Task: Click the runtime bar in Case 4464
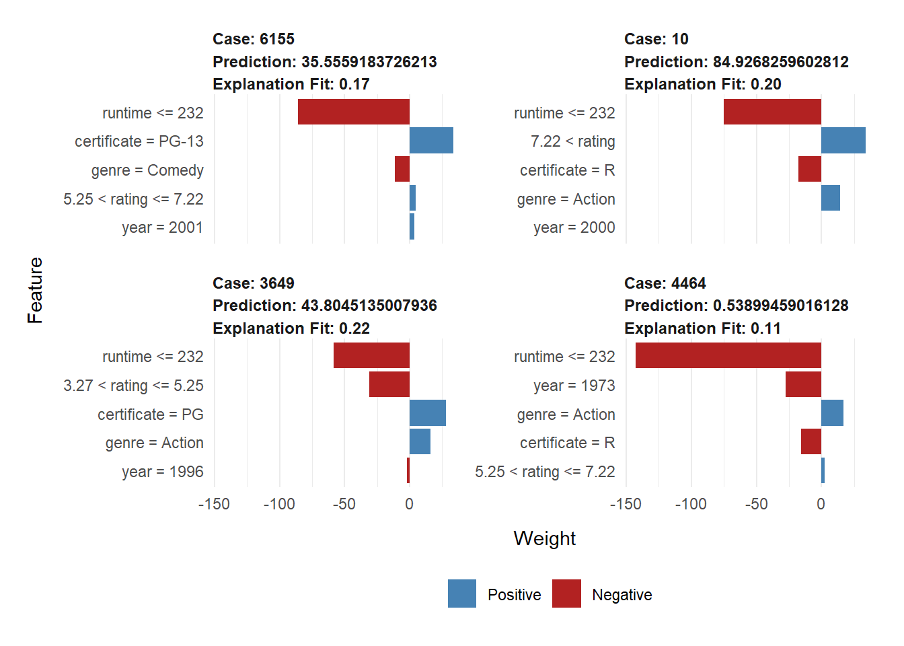coord(728,355)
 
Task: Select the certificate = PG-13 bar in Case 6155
coord(431,141)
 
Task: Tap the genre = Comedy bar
coord(402,169)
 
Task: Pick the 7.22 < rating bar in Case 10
coord(843,141)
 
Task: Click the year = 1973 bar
coord(803,384)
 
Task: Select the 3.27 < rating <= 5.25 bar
coord(389,384)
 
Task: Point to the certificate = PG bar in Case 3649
coord(428,413)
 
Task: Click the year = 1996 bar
coord(408,470)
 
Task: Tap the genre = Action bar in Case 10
coord(831,198)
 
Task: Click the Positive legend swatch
coord(462,594)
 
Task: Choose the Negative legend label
coord(621,595)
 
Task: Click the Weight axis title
coord(544,538)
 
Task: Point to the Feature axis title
coord(35,290)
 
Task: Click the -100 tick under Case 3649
coord(279,504)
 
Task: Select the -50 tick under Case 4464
coord(756,504)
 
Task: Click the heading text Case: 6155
coord(254,39)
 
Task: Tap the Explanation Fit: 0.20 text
coord(702,84)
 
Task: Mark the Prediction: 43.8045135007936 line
coord(324,306)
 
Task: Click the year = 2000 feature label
coord(574,227)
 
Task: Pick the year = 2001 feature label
coord(162,227)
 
